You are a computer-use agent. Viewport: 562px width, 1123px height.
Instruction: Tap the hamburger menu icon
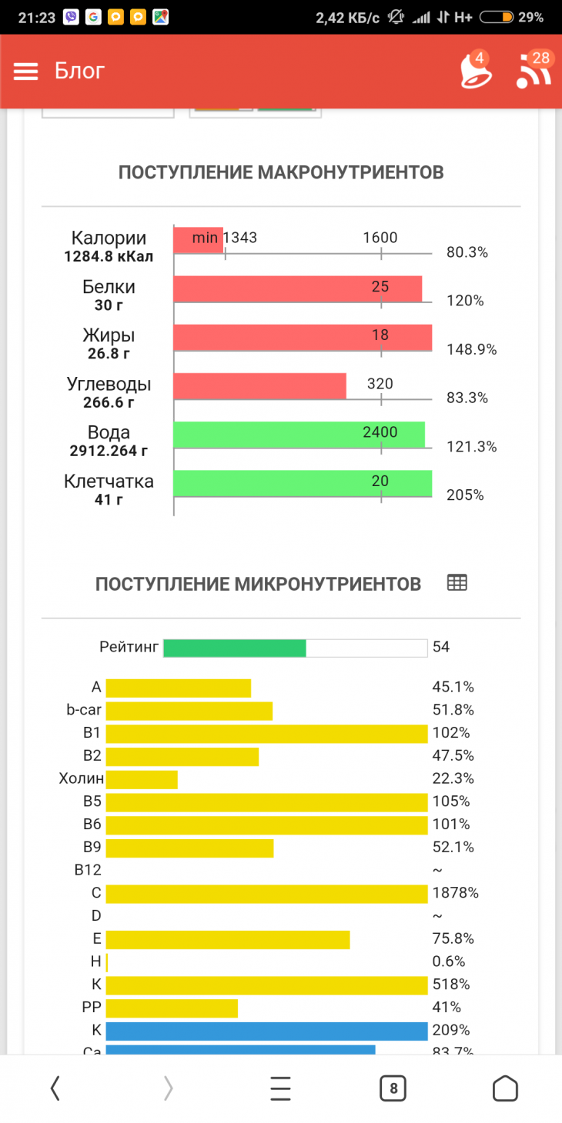click(x=25, y=72)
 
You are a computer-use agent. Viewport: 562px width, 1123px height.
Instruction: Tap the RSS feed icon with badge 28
click(x=534, y=72)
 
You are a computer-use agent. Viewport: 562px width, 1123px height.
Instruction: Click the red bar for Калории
click(x=198, y=240)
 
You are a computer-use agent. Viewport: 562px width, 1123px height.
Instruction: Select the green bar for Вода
click(x=299, y=435)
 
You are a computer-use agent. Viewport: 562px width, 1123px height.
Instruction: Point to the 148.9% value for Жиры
click(x=471, y=349)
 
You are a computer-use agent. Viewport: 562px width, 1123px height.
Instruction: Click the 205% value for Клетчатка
click(x=465, y=495)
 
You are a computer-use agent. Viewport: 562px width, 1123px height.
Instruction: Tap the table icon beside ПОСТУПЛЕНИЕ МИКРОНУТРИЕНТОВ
click(x=457, y=583)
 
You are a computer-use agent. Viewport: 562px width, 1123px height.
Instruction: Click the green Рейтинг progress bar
click(x=235, y=648)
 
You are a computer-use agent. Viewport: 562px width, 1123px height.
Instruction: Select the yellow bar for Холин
click(x=142, y=779)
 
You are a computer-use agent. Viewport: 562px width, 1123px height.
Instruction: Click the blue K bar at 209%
click(x=266, y=1031)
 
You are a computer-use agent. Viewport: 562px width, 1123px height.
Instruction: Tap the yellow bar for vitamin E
click(x=228, y=939)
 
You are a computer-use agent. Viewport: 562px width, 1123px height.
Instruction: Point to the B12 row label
click(x=88, y=870)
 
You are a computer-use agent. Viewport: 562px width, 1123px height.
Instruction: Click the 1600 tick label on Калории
click(x=380, y=238)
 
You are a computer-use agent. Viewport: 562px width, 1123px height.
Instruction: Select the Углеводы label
click(x=109, y=384)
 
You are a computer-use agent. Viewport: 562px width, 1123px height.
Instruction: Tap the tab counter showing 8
click(x=393, y=1088)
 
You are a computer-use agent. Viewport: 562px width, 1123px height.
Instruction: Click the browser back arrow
click(x=55, y=1088)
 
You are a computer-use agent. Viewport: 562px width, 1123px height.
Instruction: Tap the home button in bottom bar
click(x=505, y=1088)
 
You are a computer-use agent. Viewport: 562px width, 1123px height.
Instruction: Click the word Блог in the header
click(x=79, y=71)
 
